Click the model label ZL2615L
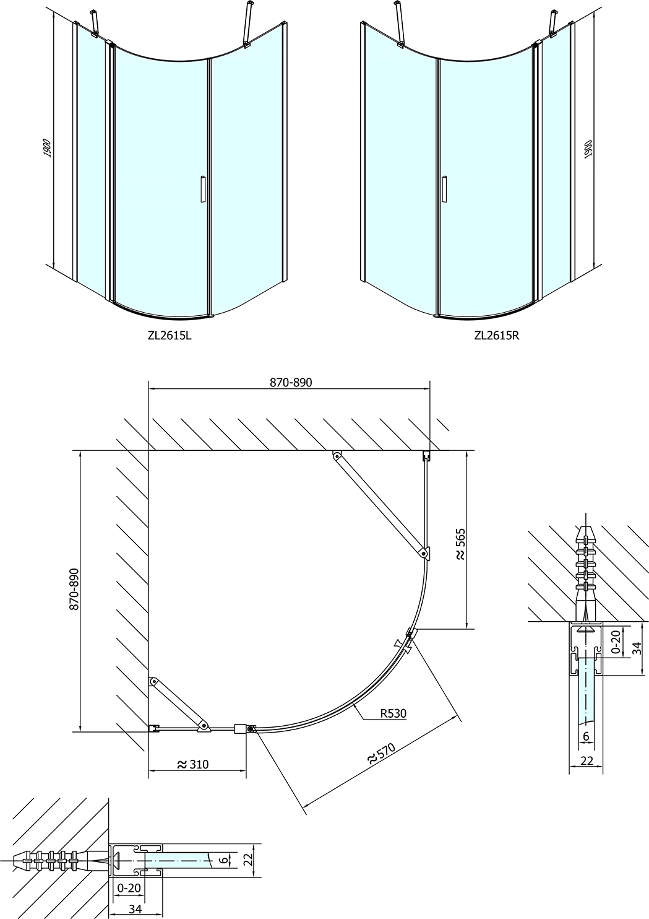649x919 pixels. click(x=170, y=336)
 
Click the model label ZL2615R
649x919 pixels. click(x=496, y=336)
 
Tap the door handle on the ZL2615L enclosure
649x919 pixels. click(x=202, y=189)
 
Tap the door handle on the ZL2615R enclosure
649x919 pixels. click(x=444, y=189)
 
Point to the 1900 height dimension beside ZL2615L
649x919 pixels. click(x=47, y=148)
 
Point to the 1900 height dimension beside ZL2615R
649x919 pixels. click(x=589, y=148)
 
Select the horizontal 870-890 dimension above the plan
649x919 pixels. click(x=291, y=382)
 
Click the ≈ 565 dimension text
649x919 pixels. click(x=460, y=544)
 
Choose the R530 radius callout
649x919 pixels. click(x=393, y=713)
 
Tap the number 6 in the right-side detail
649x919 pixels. click(x=586, y=771)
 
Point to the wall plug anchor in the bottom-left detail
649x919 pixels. click(x=61, y=856)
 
